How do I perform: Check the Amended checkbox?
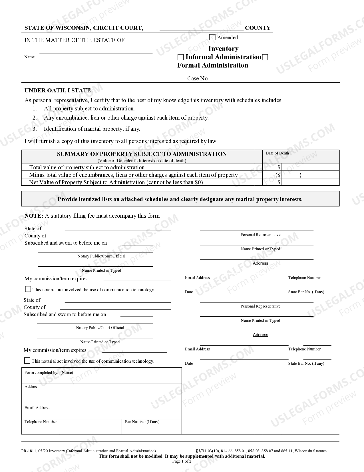(x=212, y=37)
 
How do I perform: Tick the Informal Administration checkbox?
(x=180, y=57)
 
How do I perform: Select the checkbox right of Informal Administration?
(x=265, y=57)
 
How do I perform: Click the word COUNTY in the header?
(x=258, y=28)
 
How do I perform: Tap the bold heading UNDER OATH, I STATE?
(x=59, y=90)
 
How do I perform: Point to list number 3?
(x=35, y=129)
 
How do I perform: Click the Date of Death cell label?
(x=277, y=153)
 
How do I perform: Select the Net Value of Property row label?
(x=116, y=182)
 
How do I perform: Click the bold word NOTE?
(x=34, y=216)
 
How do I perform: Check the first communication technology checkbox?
(x=28, y=289)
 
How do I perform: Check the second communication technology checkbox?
(x=27, y=361)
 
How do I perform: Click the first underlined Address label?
(x=260, y=263)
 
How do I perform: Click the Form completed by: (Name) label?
(x=49, y=372)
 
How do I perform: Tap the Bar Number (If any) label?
(x=142, y=422)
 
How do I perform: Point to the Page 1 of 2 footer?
(x=182, y=461)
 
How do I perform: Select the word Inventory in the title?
(x=223, y=49)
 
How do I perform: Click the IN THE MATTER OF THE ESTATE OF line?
(x=75, y=40)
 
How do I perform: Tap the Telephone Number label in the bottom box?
(x=41, y=422)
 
